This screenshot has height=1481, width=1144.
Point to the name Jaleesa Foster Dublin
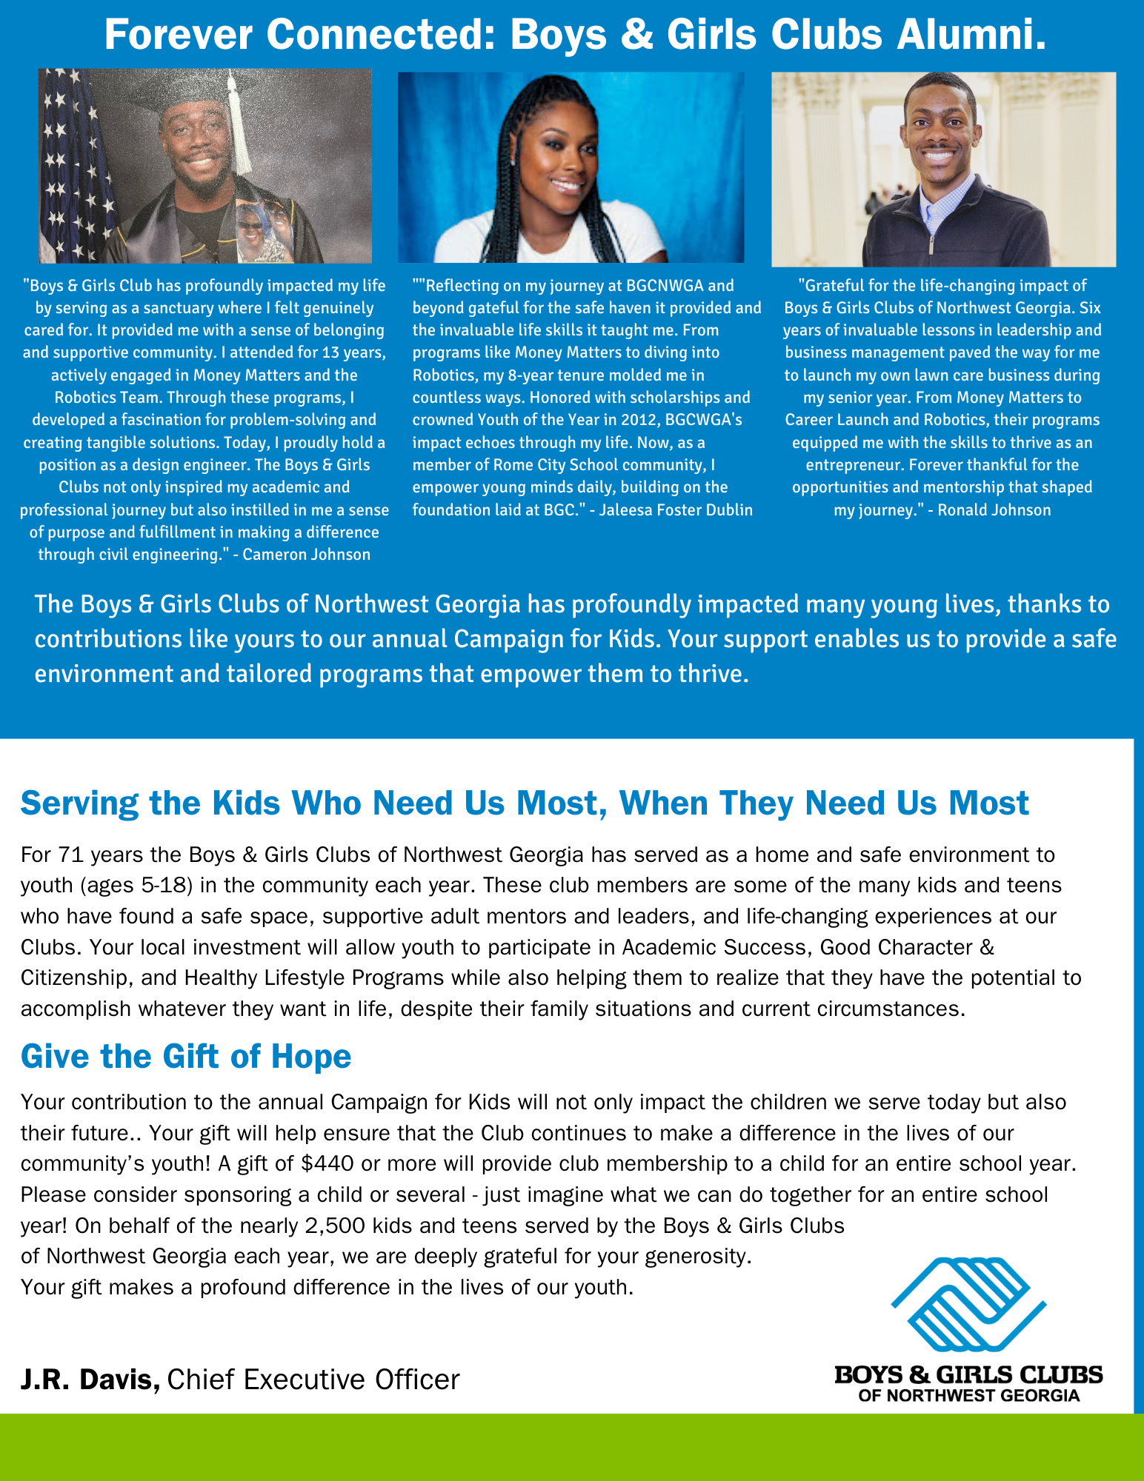pyautogui.click(x=676, y=510)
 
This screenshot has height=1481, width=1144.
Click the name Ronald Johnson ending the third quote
pyautogui.click(x=994, y=510)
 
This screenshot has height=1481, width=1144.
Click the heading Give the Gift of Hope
pyautogui.click(x=186, y=1056)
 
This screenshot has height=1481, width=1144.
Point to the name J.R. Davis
pyautogui.click(x=90, y=1380)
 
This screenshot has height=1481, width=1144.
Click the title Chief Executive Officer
pyautogui.click(x=313, y=1380)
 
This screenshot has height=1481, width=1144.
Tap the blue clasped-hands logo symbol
pyautogui.click(x=968, y=1303)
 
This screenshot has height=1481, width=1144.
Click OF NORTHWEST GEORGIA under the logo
pyautogui.click(x=968, y=1396)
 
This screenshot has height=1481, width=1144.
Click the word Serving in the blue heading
pyautogui.click(x=80, y=803)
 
